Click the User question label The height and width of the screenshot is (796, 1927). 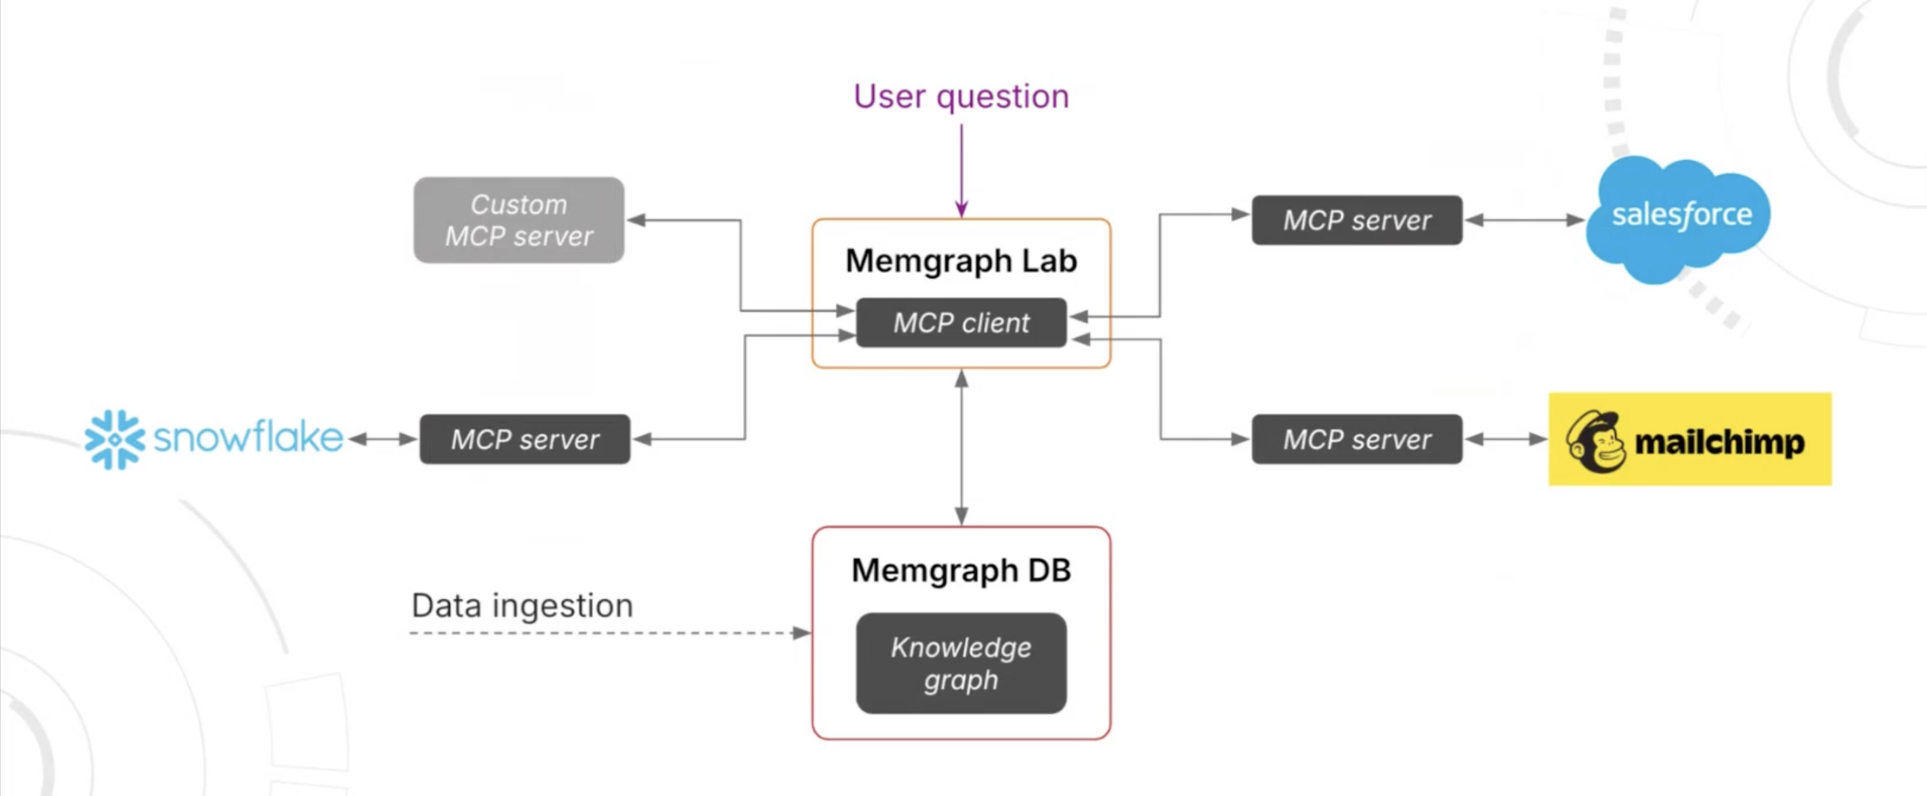pos(960,97)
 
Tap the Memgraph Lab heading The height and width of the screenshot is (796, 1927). pos(960,260)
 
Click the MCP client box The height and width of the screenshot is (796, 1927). pos(960,323)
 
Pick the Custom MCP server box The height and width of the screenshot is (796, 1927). pos(519,220)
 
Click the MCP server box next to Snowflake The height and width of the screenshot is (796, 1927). pos(524,439)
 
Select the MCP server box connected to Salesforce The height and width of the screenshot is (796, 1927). pos(1356,220)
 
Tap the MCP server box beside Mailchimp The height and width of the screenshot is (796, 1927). pos(1356,439)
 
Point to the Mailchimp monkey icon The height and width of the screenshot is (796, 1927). pos(1594,442)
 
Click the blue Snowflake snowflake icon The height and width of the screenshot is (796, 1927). pos(115,439)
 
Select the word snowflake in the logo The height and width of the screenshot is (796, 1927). pos(248,438)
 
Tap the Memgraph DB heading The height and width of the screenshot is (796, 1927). pos(960,570)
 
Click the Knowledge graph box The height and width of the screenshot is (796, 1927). pos(960,663)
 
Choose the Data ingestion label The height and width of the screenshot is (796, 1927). pos(522,605)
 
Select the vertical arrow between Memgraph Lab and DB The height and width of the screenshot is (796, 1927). pos(961,447)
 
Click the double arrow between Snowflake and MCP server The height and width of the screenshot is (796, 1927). pos(382,439)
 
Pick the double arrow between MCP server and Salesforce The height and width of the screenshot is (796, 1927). pos(1524,220)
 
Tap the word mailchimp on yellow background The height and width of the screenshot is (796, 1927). pos(1719,442)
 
